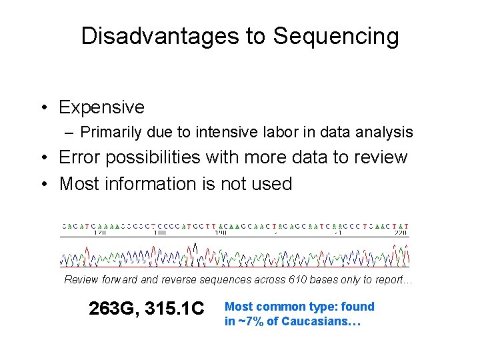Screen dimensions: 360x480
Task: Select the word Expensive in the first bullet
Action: (x=101, y=107)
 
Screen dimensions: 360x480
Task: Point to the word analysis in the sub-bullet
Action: (x=388, y=132)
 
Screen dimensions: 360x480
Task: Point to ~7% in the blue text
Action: (x=250, y=321)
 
